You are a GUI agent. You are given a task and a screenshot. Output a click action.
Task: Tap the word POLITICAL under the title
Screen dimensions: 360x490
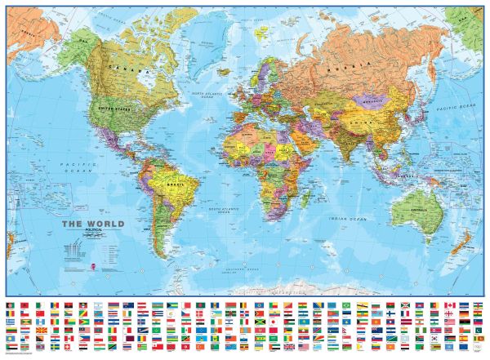96,231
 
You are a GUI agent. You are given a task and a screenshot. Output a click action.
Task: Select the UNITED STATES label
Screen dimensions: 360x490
114,107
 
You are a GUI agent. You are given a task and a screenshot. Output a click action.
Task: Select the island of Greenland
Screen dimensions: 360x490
200,33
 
